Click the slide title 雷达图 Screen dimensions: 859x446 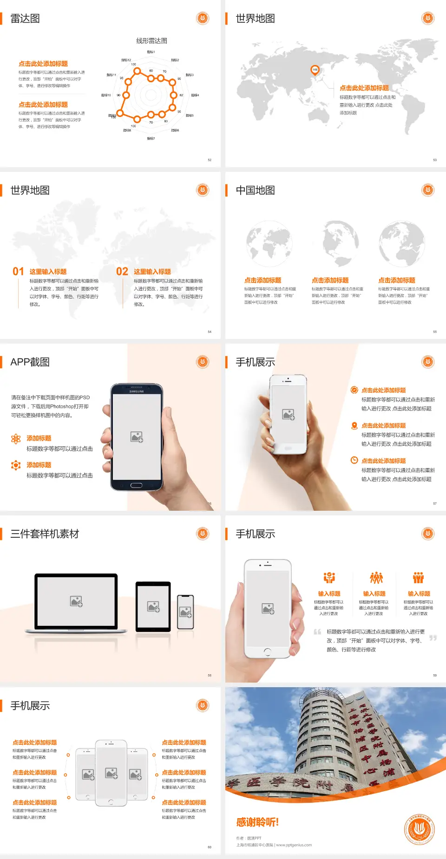point(25,19)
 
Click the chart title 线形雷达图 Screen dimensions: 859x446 point(151,41)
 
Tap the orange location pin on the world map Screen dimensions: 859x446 point(315,70)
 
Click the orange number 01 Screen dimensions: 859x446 point(18,272)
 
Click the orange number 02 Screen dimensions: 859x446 point(122,272)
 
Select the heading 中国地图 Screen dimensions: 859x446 point(255,190)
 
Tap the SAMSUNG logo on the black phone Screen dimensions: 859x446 point(137,391)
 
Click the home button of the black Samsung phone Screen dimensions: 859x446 point(136,485)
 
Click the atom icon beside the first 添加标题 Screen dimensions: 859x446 point(16,439)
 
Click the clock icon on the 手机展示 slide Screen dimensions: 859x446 point(354,460)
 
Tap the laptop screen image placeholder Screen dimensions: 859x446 point(76,601)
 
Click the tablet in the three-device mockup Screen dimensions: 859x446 point(153,606)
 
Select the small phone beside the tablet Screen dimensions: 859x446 point(185,612)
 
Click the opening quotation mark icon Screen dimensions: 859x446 point(317,632)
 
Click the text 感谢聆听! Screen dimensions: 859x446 point(257,822)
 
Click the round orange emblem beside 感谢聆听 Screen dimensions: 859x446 point(419,829)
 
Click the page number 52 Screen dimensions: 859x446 point(210,160)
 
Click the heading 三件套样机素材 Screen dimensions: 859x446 point(45,534)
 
